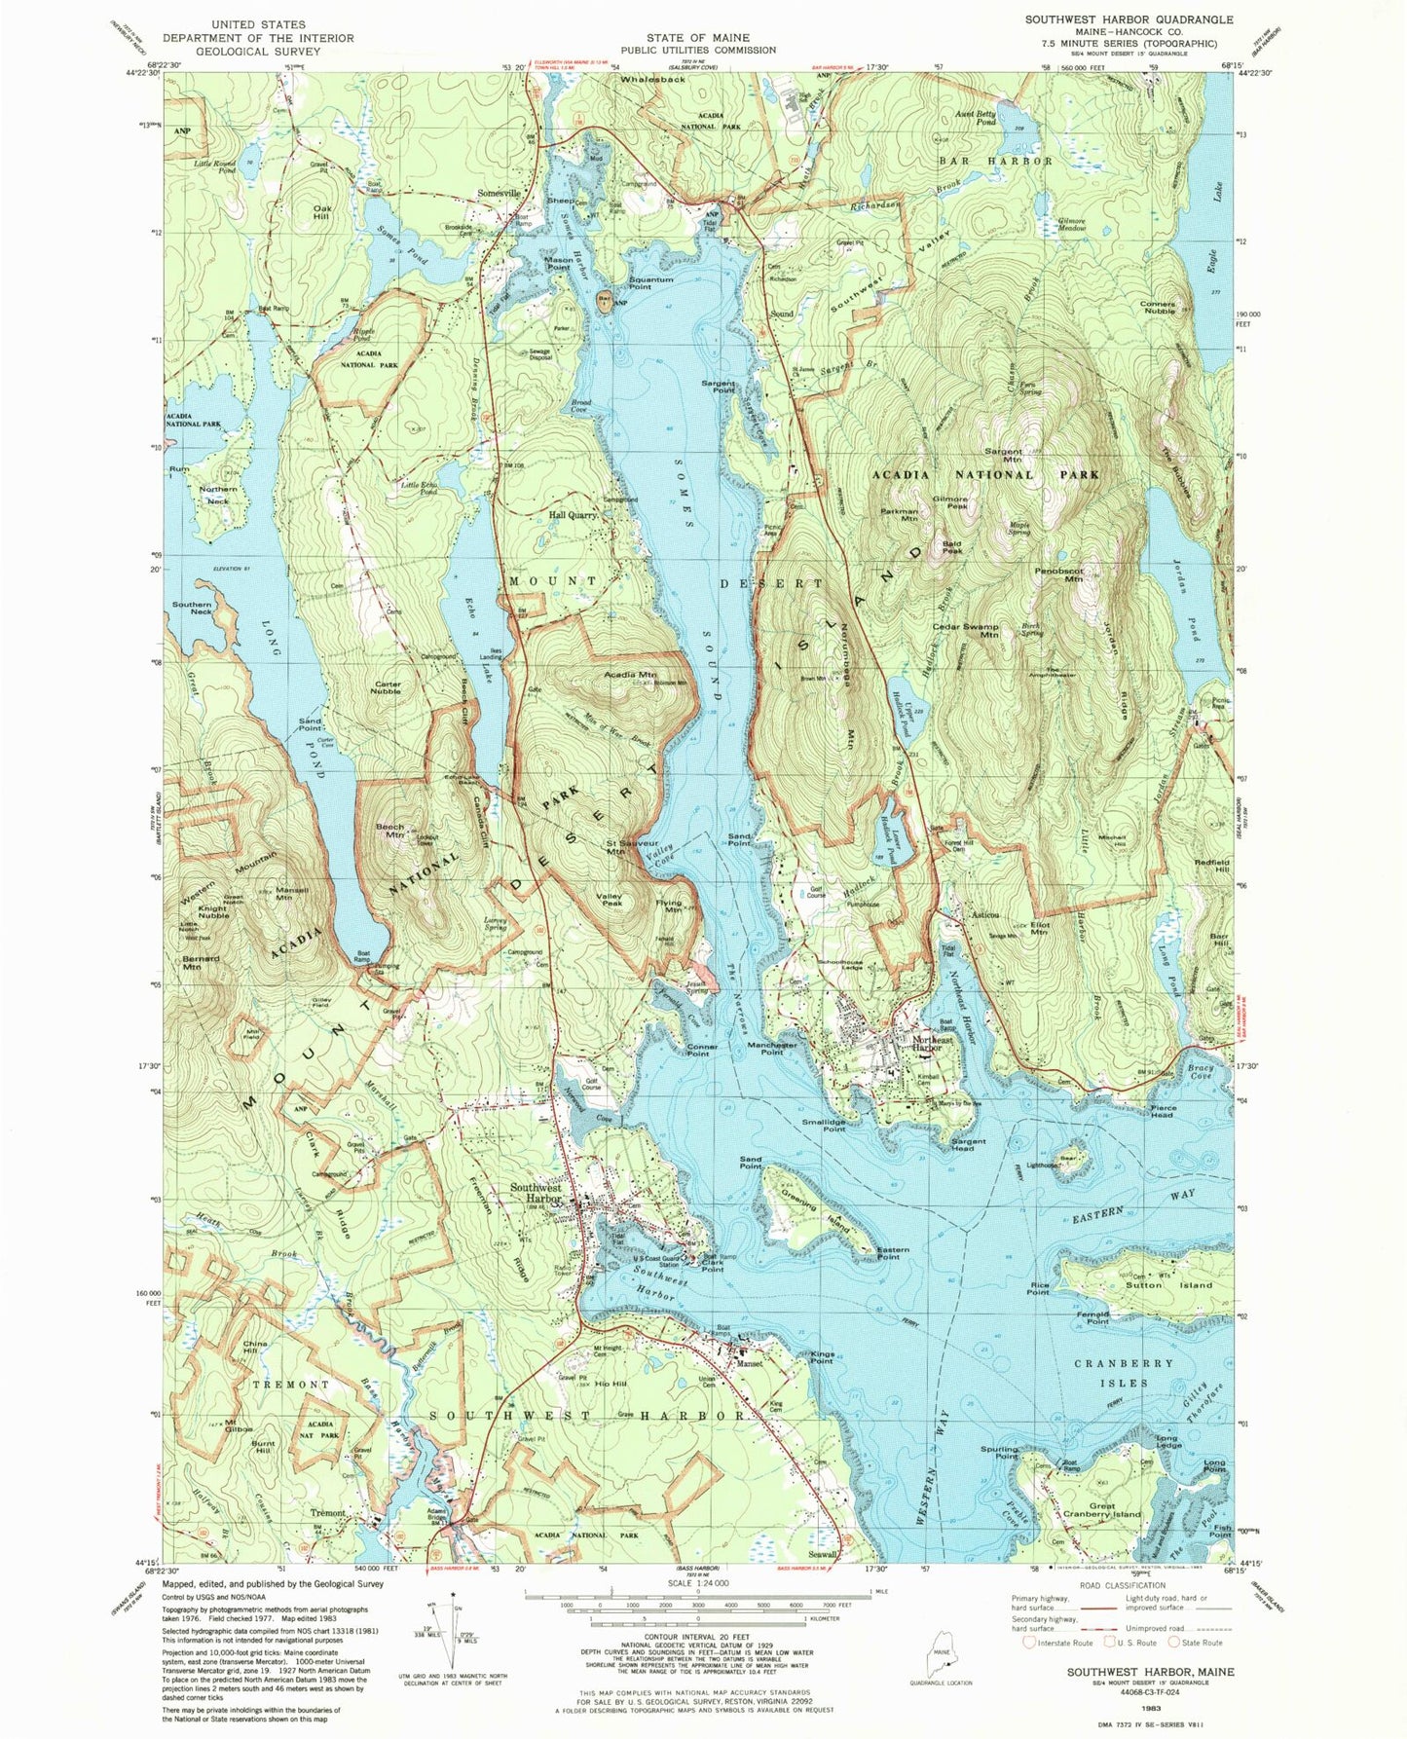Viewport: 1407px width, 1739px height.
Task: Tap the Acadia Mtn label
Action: [x=630, y=674]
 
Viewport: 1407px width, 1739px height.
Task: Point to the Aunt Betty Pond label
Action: [x=976, y=118]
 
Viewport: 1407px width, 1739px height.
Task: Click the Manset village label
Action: [x=749, y=1364]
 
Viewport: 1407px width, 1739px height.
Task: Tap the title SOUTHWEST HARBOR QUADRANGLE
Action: [x=1129, y=19]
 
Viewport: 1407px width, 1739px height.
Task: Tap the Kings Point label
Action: [x=821, y=1359]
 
